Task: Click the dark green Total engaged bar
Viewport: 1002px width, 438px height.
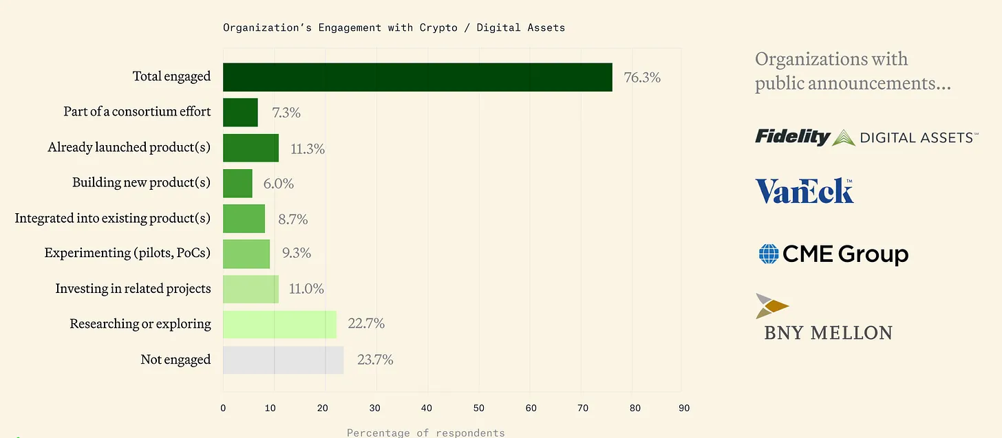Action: (x=417, y=77)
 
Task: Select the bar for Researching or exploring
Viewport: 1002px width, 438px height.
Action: (x=279, y=324)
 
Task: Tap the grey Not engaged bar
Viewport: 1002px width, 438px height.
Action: (x=283, y=360)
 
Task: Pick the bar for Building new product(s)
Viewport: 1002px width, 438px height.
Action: (x=237, y=183)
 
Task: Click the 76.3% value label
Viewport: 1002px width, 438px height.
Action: (x=642, y=78)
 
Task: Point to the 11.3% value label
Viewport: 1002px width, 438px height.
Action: (x=308, y=149)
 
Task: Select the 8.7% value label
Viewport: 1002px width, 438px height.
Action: (x=292, y=219)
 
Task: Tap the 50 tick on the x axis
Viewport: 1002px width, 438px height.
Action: (x=478, y=408)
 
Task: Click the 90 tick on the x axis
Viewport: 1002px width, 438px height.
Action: (x=684, y=408)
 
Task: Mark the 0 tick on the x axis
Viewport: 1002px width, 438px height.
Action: (x=223, y=408)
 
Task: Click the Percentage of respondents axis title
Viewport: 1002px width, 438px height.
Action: (x=425, y=432)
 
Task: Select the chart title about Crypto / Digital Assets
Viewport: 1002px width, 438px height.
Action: (x=394, y=28)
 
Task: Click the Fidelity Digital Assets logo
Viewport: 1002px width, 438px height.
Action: (x=866, y=137)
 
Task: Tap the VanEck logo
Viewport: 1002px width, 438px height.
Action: (x=804, y=191)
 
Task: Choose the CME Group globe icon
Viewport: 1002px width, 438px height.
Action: (x=768, y=254)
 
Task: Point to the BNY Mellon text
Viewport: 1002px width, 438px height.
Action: (x=828, y=333)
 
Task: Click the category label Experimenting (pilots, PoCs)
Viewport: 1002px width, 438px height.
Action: (x=127, y=253)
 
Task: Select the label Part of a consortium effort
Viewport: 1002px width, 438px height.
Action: (x=137, y=111)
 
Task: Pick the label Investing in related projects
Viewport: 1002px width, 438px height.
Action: (x=133, y=289)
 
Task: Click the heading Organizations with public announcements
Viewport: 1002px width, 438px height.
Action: (x=852, y=71)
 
